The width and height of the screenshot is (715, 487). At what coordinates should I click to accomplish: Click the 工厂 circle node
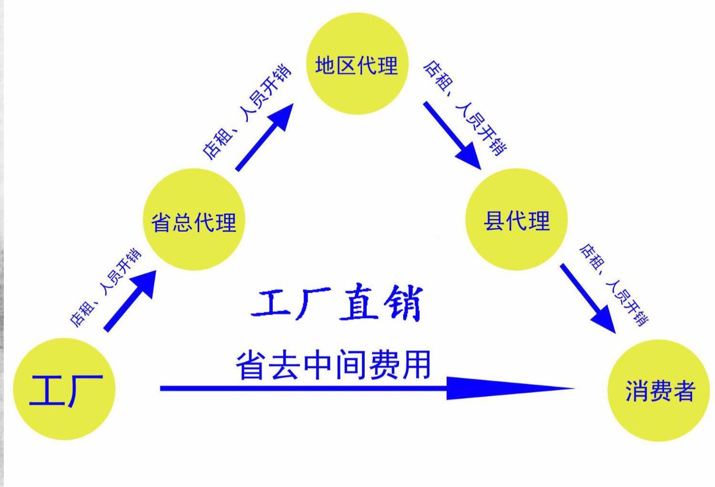click(64, 388)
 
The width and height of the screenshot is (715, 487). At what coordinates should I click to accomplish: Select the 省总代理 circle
click(194, 220)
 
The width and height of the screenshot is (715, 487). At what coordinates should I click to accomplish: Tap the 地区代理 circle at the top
click(357, 63)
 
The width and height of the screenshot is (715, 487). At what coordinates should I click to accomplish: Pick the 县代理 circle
click(516, 220)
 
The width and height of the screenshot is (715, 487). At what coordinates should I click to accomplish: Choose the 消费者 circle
click(659, 390)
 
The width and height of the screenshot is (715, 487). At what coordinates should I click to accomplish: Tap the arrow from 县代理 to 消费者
click(588, 298)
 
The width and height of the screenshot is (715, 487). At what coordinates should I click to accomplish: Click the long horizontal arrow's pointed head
click(510, 388)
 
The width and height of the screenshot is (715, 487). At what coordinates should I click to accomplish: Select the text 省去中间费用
click(333, 365)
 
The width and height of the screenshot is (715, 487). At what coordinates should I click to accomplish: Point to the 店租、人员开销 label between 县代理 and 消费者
click(613, 284)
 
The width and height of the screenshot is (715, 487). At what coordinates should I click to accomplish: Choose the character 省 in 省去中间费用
click(251, 365)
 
